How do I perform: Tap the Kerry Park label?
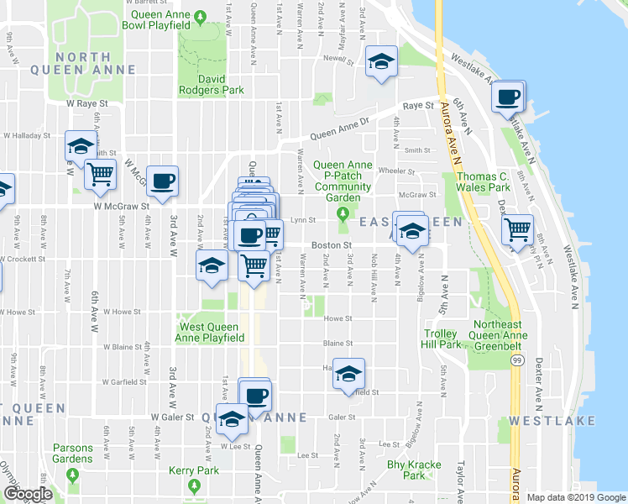pyautogui.click(x=193, y=470)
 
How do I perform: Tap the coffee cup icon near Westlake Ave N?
pyautogui.click(x=507, y=97)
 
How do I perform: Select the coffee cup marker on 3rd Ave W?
pyautogui.click(x=162, y=179)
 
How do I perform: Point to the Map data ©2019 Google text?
pyautogui.click(x=576, y=497)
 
